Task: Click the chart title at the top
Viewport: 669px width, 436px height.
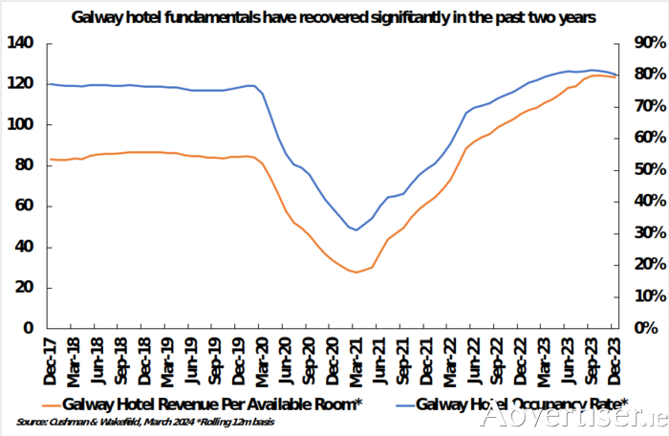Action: click(x=334, y=15)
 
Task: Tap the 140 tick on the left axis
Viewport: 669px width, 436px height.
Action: click(x=20, y=44)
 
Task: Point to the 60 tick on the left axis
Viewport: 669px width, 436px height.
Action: click(x=24, y=206)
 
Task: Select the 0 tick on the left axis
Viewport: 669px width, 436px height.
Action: click(x=29, y=328)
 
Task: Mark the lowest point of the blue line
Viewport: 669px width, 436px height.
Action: click(x=356, y=230)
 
